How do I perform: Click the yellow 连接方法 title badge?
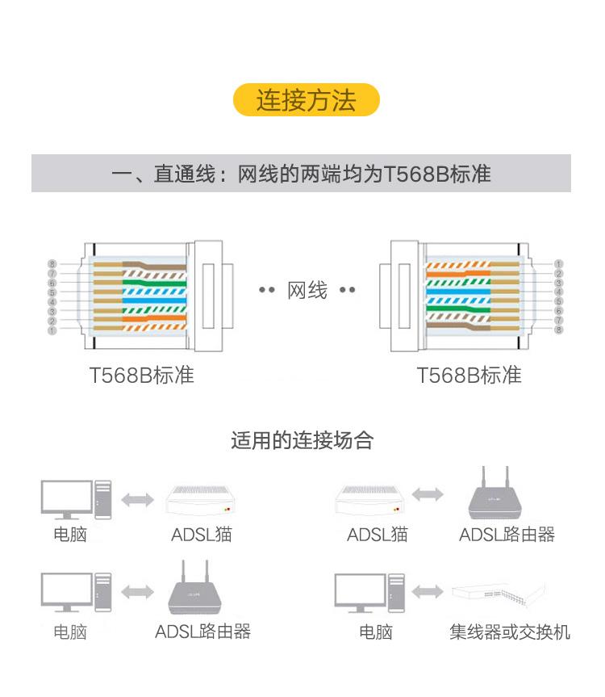(x=307, y=99)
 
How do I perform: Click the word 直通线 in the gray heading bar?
(x=185, y=174)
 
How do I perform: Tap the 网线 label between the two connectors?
(x=307, y=290)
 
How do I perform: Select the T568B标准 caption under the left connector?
(x=142, y=376)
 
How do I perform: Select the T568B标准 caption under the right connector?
(x=469, y=376)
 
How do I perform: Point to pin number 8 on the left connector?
(x=52, y=264)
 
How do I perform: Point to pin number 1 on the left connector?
(x=52, y=330)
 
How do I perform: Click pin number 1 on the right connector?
(x=558, y=263)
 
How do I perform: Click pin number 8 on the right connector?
(x=558, y=330)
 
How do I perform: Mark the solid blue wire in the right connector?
(x=458, y=292)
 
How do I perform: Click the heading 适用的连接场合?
(x=302, y=440)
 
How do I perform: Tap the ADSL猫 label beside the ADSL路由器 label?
(x=378, y=535)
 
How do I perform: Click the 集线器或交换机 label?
(x=510, y=632)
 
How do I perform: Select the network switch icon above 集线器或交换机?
(x=498, y=594)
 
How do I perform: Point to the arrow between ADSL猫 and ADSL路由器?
(x=428, y=494)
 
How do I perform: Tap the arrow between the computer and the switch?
(x=428, y=592)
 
